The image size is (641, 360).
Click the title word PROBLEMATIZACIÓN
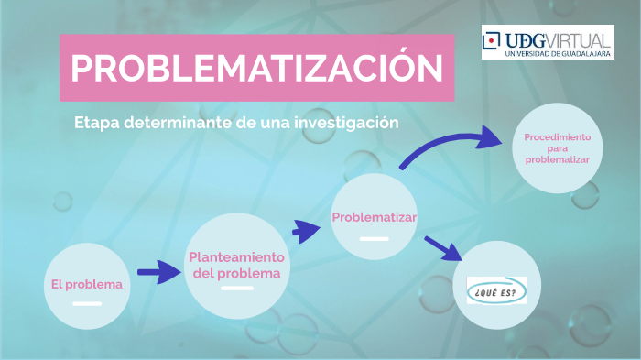click(256, 69)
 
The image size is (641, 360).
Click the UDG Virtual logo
click(548, 42)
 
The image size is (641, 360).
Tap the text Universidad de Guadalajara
click(558, 53)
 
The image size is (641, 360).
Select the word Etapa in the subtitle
click(94, 123)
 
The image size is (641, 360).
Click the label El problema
click(86, 284)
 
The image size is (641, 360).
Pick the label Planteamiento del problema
click(236, 266)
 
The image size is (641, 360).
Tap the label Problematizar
click(374, 217)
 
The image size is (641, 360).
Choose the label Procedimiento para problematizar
click(557, 147)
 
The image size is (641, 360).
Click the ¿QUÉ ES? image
click(497, 289)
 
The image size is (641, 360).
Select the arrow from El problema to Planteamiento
click(158, 272)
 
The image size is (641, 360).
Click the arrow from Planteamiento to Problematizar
click(304, 229)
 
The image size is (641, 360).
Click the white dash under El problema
click(87, 302)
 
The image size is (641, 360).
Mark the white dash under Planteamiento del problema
click(236, 289)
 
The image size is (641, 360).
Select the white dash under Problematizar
click(374, 238)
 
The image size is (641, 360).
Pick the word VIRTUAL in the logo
click(581, 39)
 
